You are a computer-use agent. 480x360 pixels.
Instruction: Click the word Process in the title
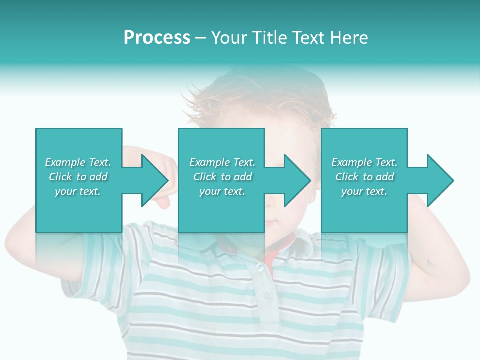(x=157, y=38)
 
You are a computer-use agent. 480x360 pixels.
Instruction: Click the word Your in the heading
(x=229, y=38)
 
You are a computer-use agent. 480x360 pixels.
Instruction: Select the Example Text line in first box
(x=78, y=162)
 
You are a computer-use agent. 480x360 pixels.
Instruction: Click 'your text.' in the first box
(x=78, y=191)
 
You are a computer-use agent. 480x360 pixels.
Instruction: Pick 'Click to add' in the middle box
(x=222, y=177)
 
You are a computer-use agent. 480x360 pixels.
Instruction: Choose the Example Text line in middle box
(x=222, y=162)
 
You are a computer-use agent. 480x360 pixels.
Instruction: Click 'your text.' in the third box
(x=364, y=191)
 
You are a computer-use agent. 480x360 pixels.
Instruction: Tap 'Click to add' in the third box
(x=364, y=177)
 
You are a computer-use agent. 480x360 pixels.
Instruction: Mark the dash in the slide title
(x=200, y=38)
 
